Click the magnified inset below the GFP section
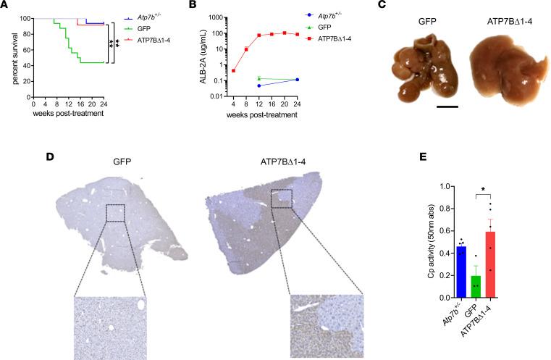(x=110, y=327)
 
